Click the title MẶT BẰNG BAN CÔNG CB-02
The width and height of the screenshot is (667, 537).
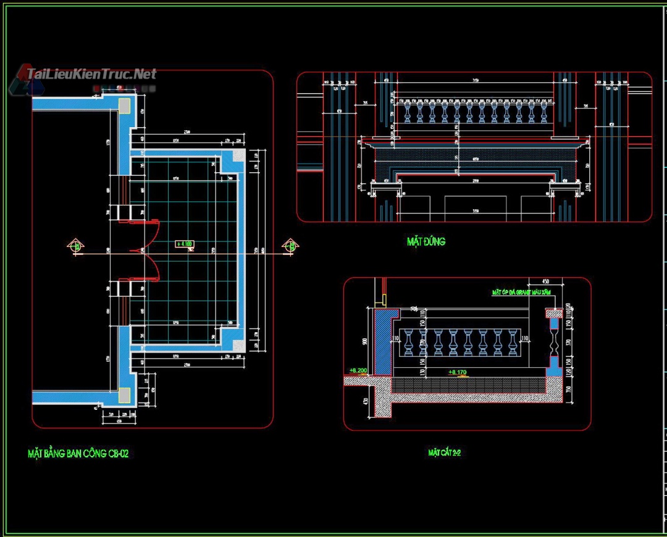78,454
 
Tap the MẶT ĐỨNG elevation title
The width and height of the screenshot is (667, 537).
426,241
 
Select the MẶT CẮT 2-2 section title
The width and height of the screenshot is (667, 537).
445,453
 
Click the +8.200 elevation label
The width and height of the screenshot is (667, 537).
358,370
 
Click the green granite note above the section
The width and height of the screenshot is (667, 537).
521,293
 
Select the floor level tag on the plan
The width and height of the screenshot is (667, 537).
185,244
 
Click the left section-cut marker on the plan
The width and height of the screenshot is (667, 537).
76,246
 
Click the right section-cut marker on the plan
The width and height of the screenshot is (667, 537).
289,246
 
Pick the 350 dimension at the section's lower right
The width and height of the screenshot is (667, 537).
568,389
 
